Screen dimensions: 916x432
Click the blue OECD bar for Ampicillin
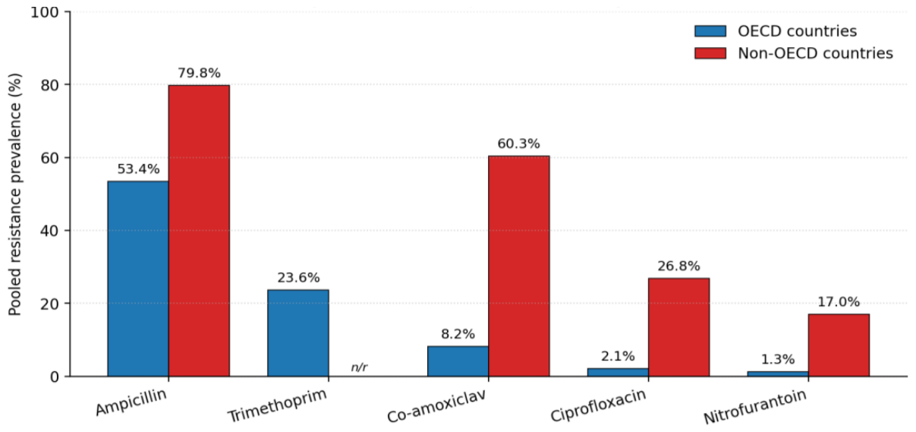138,279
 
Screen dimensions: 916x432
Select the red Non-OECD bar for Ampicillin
199,231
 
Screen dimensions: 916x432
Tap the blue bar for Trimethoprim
298,333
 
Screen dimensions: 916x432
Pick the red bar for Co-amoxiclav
519,266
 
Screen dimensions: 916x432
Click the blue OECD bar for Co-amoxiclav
458,361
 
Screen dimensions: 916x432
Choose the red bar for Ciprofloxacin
678,327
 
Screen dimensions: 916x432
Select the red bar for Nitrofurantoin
839,345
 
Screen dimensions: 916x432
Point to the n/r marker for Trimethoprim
359,367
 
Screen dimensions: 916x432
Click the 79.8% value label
199,73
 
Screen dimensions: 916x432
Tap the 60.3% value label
518,144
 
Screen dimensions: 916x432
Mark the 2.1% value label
618,356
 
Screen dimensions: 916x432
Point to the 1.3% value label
778,360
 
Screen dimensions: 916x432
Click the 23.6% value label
298,278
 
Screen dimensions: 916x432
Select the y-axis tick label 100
45,12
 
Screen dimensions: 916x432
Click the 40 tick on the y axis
50,231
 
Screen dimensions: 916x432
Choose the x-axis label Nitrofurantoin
756,407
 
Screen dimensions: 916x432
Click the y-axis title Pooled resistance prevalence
14,194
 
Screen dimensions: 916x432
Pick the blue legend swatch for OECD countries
710,31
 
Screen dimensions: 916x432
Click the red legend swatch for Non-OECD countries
710,53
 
